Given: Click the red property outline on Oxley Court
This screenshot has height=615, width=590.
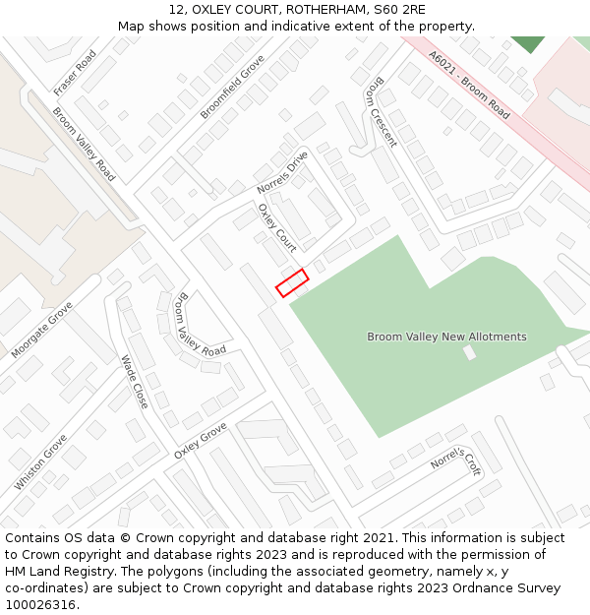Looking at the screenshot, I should pyautogui.click(x=292, y=282).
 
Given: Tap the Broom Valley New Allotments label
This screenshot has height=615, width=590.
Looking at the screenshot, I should pyautogui.click(x=446, y=337).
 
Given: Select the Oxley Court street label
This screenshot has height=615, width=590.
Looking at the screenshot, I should pyautogui.click(x=277, y=227).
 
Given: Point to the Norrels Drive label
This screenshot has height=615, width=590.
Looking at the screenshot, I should pyautogui.click(x=282, y=171).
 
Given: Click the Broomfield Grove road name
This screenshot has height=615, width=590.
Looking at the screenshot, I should pyautogui.click(x=233, y=87).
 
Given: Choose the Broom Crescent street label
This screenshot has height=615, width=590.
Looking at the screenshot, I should pyautogui.click(x=380, y=115).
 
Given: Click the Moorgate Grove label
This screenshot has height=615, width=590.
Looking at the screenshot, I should pyautogui.click(x=42, y=329).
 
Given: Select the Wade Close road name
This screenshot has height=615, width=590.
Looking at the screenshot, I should pyautogui.click(x=134, y=382).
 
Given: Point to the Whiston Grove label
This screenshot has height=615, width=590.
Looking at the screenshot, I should pyautogui.click(x=41, y=461).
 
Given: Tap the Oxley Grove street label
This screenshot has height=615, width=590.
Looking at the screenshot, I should pyautogui.click(x=201, y=441).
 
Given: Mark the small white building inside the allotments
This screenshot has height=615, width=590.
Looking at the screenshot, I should pyautogui.click(x=470, y=351).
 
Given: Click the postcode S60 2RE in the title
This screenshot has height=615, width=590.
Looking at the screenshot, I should pyautogui.click(x=401, y=10).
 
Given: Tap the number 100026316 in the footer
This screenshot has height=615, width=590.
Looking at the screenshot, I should pyautogui.click(x=40, y=605).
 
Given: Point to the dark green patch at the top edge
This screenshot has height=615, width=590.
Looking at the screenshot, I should pyautogui.click(x=528, y=43).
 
